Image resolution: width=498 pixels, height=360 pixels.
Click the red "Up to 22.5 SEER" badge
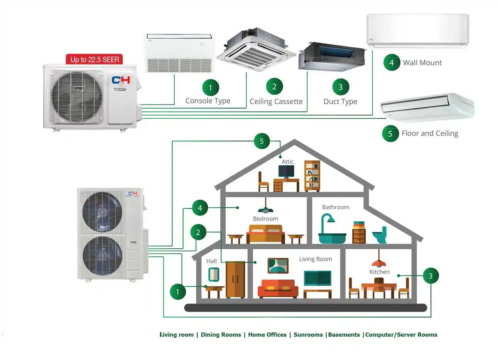95,59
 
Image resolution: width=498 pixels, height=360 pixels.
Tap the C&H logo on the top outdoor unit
121,81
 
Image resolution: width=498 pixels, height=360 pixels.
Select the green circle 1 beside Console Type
210,88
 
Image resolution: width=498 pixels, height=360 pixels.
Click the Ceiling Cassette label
276,102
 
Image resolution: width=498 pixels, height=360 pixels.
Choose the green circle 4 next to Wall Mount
391,63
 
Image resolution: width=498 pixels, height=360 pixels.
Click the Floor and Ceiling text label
430,134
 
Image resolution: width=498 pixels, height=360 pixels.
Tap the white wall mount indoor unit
417,29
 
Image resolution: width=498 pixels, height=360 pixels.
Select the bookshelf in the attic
312,176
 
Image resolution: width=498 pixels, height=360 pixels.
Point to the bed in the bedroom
266,234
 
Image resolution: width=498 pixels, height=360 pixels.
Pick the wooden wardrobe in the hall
235,279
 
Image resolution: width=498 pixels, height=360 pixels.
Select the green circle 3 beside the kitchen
430,275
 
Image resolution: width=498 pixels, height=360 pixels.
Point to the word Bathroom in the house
335,207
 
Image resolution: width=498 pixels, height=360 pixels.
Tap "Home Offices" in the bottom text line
267,335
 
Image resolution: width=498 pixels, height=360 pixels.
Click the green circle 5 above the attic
261,141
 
